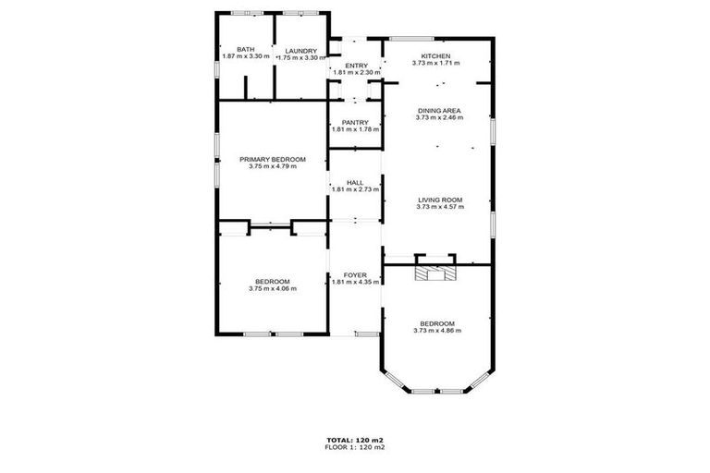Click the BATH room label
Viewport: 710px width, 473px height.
tap(246, 50)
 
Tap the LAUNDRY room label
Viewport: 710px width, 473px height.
tap(301, 51)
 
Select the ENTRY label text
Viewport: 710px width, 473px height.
tap(356, 66)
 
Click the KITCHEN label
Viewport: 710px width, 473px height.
tap(435, 56)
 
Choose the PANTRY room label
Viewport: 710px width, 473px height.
tap(356, 122)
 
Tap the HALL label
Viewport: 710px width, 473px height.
tap(355, 183)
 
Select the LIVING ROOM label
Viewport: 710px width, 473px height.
tap(439, 200)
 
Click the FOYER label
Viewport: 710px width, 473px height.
tap(356, 274)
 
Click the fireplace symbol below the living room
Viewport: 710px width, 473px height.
tap(435, 273)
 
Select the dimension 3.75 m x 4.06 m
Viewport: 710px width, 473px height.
tap(273, 289)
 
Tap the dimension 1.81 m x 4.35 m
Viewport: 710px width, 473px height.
tap(356, 282)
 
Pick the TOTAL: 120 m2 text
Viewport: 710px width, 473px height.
tap(355, 440)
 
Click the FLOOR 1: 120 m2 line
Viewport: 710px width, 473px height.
tap(355, 447)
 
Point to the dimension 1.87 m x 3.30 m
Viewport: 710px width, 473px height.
tap(246, 57)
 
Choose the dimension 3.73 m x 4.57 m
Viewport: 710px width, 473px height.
tap(439, 207)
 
